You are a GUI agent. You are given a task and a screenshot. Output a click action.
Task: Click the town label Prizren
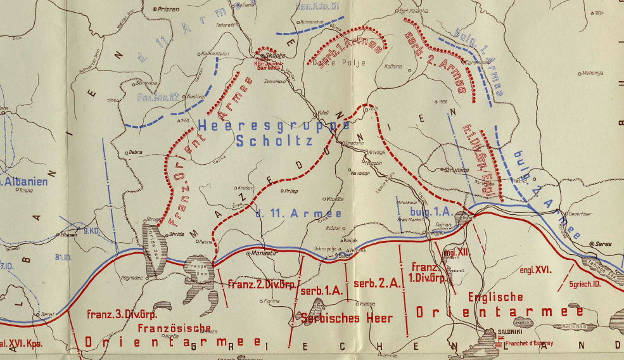[x=167, y=10]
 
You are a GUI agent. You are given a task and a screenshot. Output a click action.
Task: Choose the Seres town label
[x=603, y=244]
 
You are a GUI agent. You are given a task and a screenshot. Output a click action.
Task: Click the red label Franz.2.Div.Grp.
[x=262, y=285]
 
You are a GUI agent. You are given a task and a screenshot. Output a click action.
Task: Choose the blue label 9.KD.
[x=91, y=231]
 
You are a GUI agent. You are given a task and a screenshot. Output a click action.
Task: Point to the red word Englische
[x=495, y=297]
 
